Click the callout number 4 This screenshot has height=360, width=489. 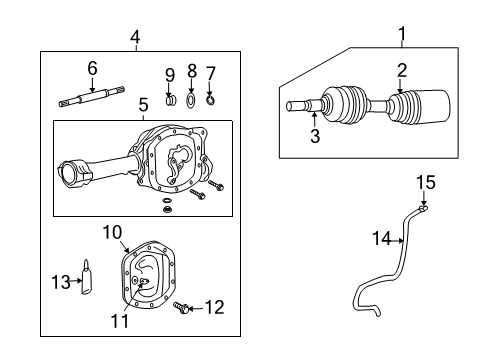135,38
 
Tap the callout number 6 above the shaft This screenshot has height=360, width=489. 92,67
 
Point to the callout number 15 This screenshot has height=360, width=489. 425,182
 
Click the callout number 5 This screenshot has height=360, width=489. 142,103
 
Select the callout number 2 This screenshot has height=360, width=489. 401,69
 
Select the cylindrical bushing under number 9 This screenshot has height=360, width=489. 169,100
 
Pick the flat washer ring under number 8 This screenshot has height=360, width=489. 190,101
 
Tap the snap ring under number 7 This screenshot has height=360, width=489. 210,100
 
